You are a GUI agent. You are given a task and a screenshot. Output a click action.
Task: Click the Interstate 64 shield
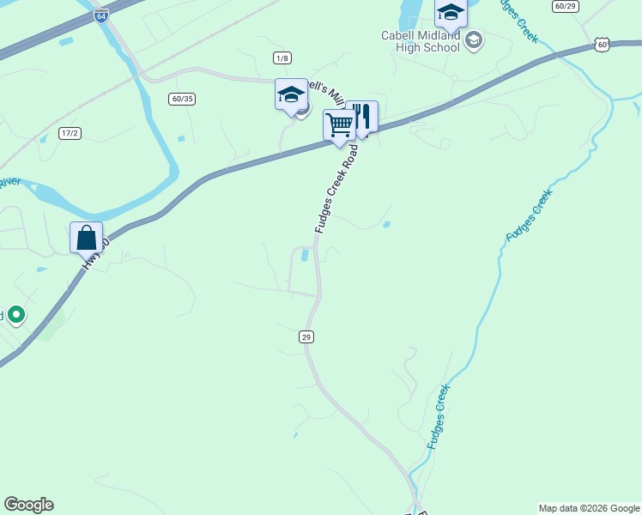click(101, 15)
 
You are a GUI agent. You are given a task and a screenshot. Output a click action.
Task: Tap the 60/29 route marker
click(566, 6)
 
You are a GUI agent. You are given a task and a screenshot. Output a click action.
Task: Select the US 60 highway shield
click(603, 44)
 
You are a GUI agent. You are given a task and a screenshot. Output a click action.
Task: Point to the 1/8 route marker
click(282, 58)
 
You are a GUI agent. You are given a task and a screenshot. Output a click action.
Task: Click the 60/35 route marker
click(182, 99)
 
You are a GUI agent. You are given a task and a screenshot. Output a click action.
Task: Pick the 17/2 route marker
click(70, 133)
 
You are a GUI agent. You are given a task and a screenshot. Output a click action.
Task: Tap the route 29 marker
click(306, 337)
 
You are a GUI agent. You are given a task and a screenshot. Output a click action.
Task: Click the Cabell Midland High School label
click(421, 41)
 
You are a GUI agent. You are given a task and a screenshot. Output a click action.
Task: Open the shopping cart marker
click(340, 125)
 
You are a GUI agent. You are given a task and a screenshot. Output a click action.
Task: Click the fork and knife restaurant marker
click(362, 117)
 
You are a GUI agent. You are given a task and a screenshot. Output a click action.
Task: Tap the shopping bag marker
click(86, 237)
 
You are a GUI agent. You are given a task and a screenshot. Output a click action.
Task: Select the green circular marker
click(15, 315)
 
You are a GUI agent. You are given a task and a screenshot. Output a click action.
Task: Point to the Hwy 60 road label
click(95, 255)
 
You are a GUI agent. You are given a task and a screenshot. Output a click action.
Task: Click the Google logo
click(28, 505)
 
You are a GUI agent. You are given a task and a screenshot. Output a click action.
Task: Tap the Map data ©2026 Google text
click(589, 508)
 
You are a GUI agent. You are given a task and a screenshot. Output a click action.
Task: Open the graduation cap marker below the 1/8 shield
click(291, 94)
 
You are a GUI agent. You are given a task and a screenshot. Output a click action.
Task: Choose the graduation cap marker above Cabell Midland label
click(451, 12)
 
